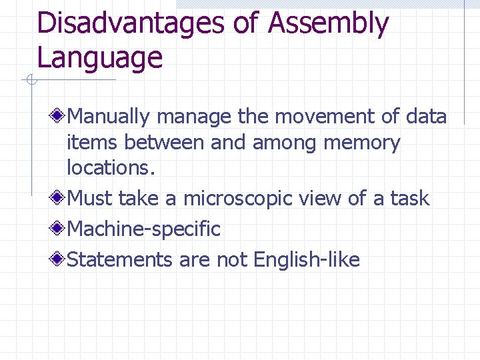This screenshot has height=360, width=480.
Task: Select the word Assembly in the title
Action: tap(329, 24)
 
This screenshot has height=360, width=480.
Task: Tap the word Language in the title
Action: tap(100, 57)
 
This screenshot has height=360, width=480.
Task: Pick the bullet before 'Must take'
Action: tap(59, 198)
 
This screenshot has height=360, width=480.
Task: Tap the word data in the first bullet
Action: tap(425, 117)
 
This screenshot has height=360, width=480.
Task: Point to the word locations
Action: tap(111, 168)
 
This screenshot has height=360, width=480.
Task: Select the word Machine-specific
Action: tap(144, 229)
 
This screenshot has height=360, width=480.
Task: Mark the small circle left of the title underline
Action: tap(31, 81)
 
